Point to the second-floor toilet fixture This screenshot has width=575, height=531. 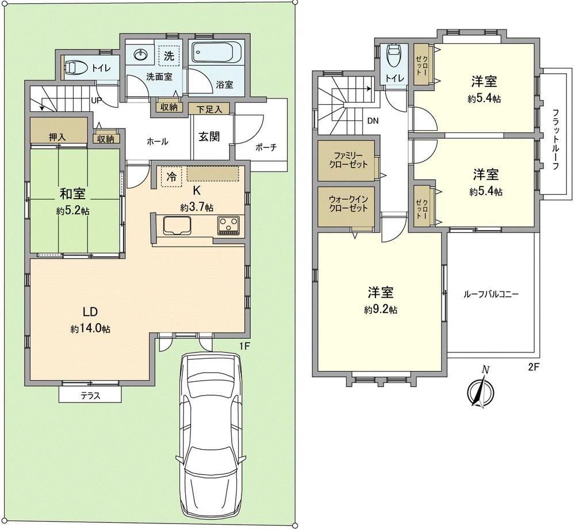tap(394, 57)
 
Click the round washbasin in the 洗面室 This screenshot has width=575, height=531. tap(141, 55)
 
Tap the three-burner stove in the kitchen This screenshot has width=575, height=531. tap(229, 225)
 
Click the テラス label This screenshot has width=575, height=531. tap(90, 395)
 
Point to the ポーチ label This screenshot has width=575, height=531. tap(265, 147)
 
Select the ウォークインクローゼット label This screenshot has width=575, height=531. tap(348, 204)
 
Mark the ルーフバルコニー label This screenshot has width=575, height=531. tap(491, 294)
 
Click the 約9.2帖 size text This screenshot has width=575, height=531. tap(381, 310)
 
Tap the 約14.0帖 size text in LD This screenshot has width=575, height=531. tap(91, 329)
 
